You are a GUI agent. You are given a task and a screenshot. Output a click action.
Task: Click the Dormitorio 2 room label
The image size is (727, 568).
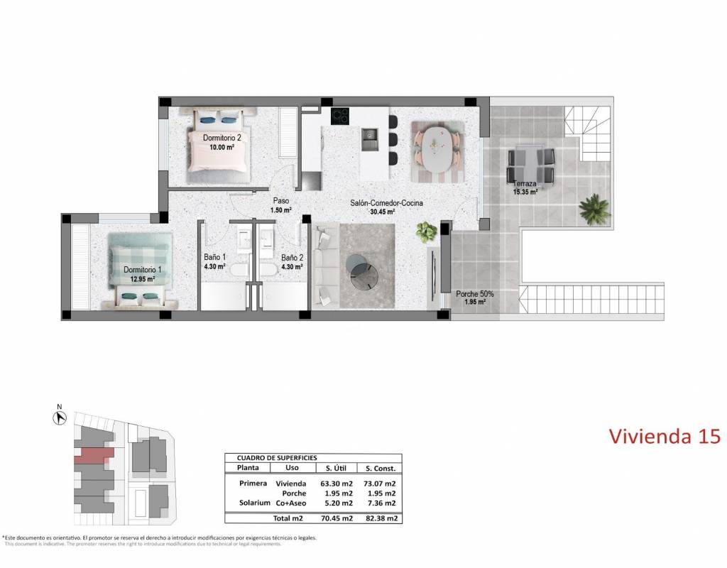click(222, 138)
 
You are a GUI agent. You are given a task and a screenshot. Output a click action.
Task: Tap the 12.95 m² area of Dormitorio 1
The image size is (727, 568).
click(142, 279)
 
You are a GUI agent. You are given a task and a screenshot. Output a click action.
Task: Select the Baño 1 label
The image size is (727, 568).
click(214, 257)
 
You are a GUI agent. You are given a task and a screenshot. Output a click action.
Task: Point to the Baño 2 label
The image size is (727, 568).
click(292, 257)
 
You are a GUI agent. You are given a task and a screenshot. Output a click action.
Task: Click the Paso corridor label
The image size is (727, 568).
click(281, 201)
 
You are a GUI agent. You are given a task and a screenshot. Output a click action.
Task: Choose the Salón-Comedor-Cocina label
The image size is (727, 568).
click(386, 203)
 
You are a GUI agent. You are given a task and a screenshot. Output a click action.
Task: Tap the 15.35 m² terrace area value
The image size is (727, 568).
click(525, 192)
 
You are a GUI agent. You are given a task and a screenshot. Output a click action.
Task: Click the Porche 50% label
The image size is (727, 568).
click(475, 294)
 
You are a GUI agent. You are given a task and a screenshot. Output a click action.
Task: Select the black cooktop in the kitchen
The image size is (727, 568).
click(340, 116)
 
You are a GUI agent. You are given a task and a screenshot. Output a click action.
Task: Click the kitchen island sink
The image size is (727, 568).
click(369, 140)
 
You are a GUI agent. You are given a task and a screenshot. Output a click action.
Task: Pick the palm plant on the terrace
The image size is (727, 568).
click(595, 209)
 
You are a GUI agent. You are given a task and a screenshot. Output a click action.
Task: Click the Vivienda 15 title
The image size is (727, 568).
click(665, 437)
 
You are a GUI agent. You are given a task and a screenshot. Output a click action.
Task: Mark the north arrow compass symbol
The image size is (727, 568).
click(60, 417)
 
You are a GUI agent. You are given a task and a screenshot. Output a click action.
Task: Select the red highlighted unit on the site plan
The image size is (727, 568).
click(94, 455)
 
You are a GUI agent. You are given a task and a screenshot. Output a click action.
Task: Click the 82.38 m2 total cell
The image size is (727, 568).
click(381, 518)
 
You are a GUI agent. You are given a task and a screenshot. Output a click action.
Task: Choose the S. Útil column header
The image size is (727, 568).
click(336, 469)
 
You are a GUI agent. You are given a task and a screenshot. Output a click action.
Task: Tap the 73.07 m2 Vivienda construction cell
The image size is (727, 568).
click(381, 484)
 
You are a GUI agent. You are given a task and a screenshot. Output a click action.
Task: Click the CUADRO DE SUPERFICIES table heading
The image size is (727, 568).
click(277, 458)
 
